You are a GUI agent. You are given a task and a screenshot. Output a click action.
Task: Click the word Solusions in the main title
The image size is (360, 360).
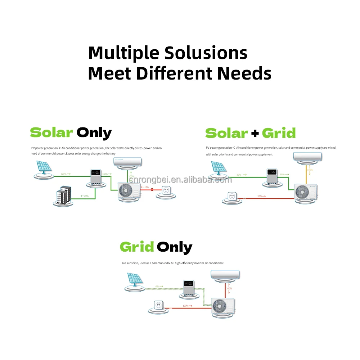pyautogui.click(x=206, y=53)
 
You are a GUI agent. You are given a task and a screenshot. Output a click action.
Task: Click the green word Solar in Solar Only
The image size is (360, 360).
pyautogui.click(x=51, y=133)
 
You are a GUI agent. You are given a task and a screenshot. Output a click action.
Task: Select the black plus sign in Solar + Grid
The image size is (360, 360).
pyautogui.click(x=255, y=134)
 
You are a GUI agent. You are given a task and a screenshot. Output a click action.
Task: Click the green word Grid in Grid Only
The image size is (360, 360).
pyautogui.click(x=137, y=247)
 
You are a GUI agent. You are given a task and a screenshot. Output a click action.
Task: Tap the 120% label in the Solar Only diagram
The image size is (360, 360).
pyautogui.click(x=65, y=174)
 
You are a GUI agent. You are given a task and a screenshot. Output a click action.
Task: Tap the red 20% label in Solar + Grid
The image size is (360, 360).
pyautogui.click(x=261, y=196)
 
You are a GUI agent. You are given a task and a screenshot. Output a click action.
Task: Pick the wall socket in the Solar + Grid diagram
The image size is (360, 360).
pyautogui.click(x=232, y=196)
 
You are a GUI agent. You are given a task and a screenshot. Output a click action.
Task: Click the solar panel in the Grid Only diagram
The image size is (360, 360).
pyautogui.click(x=135, y=280)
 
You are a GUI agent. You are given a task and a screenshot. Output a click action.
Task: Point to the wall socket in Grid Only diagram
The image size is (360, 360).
pyautogui.click(x=158, y=305)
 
